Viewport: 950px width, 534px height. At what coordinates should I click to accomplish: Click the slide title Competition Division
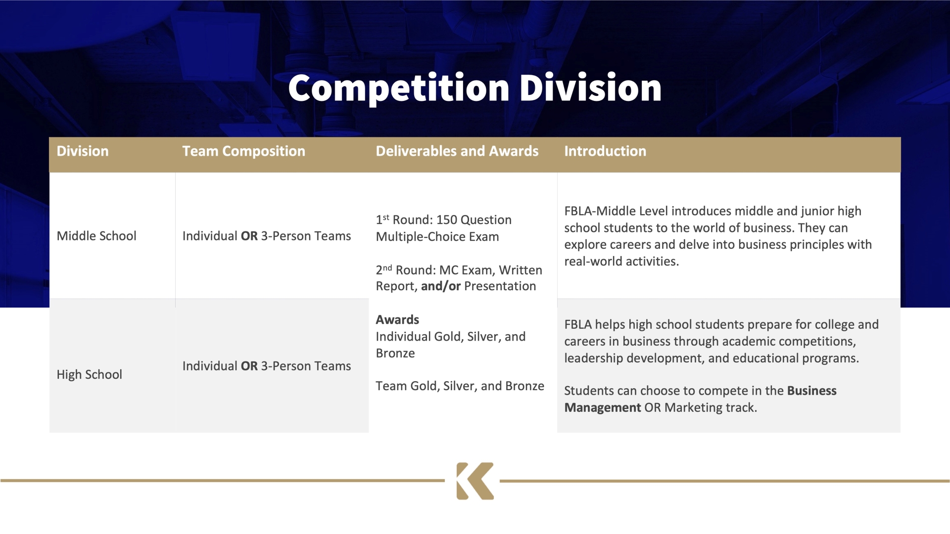tap(475, 88)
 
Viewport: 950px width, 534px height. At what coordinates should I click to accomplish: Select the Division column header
tap(83, 151)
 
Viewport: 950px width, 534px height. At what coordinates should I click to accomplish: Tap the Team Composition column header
tap(244, 151)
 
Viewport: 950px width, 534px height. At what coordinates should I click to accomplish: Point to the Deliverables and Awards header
tap(457, 151)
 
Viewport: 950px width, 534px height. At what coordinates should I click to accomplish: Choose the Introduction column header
tap(605, 151)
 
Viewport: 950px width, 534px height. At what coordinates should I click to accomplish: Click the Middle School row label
tap(96, 236)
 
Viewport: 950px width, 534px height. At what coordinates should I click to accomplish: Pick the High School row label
tap(89, 374)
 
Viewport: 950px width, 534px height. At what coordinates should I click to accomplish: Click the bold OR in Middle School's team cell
tap(249, 236)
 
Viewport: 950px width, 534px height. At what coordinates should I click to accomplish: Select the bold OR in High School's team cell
tap(249, 366)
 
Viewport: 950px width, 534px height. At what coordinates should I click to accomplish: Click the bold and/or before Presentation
tap(441, 286)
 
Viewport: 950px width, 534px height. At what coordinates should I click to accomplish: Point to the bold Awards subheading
tap(397, 320)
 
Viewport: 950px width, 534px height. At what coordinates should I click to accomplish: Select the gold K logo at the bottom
tap(475, 481)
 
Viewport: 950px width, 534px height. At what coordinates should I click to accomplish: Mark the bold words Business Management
tap(700, 399)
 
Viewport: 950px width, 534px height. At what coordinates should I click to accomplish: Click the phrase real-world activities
tap(621, 262)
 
